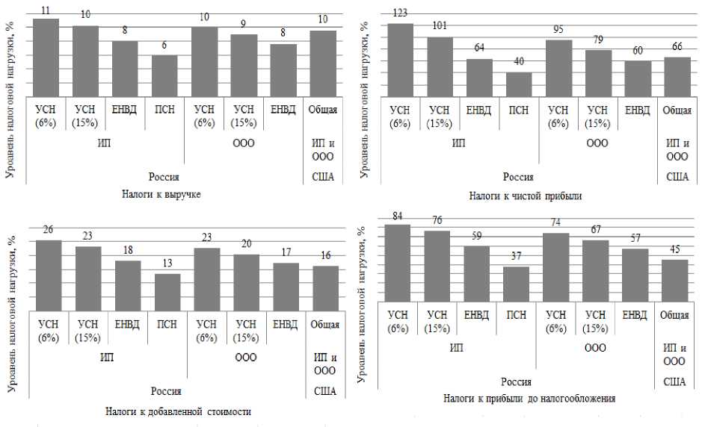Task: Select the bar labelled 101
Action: point(440,66)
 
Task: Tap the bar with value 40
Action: point(518,84)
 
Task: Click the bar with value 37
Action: point(516,284)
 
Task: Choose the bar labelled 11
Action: point(46,57)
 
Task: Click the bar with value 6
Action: point(164,75)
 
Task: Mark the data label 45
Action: point(674,249)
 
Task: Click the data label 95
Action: point(558,30)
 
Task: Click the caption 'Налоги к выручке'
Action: point(161,194)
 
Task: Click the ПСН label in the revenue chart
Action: point(164,110)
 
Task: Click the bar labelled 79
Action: point(598,72)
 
